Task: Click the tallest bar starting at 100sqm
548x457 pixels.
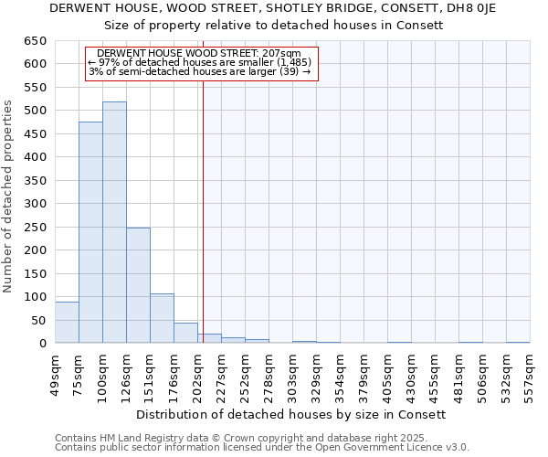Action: pyautogui.click(x=114, y=222)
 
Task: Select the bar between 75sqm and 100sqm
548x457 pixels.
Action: pyautogui.click(x=90, y=232)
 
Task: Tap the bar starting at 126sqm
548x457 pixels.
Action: pyautogui.click(x=138, y=285)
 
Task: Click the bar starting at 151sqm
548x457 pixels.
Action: pyautogui.click(x=162, y=318)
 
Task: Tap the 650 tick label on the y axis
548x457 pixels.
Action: pyautogui.click(x=35, y=41)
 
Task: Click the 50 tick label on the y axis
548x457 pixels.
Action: pyautogui.click(x=38, y=321)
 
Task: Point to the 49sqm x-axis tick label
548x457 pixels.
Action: pyautogui.click(x=55, y=373)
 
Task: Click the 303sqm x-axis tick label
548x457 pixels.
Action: pyautogui.click(x=292, y=373)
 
